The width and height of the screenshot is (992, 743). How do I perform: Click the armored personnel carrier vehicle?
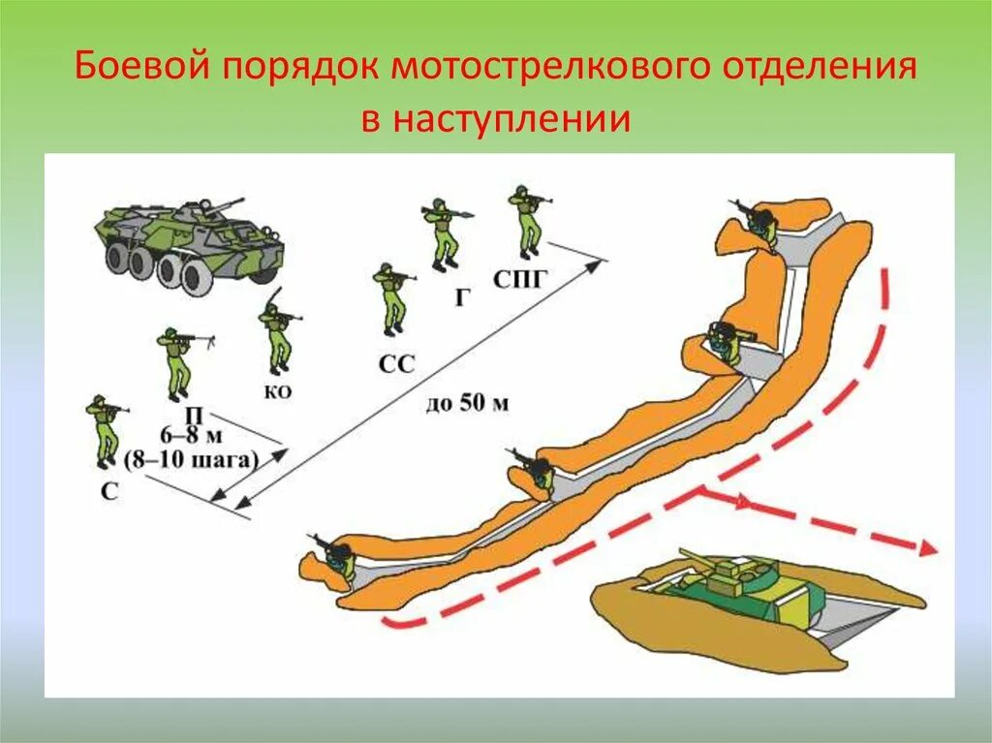(x=189, y=242)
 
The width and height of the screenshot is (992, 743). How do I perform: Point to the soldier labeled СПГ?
(x=527, y=221)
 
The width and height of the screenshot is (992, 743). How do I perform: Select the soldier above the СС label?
(x=391, y=297)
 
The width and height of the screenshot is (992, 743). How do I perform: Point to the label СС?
(x=397, y=364)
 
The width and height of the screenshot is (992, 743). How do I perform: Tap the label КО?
(x=276, y=392)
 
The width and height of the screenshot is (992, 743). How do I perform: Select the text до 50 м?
(x=466, y=403)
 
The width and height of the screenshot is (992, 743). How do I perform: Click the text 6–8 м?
(x=190, y=437)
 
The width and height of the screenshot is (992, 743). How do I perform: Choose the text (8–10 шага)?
(x=191, y=460)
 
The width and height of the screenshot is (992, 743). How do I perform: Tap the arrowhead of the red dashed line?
(x=928, y=549)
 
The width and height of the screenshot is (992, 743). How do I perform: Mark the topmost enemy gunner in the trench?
(x=759, y=222)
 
